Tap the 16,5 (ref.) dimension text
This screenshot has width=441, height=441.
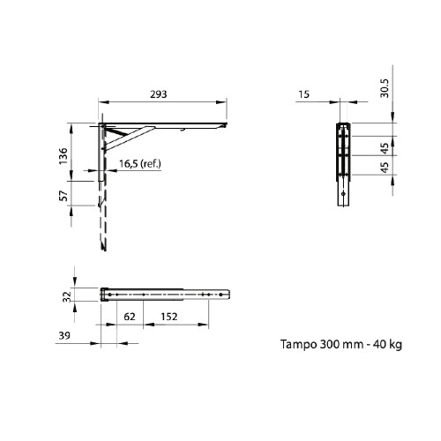click(139, 165)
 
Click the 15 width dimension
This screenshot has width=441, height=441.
click(304, 93)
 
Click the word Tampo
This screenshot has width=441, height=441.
click(297, 345)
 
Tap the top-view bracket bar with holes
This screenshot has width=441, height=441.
click(168, 294)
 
